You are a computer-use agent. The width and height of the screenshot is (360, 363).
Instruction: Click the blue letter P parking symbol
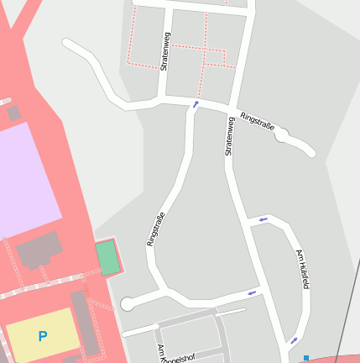pos(42,336)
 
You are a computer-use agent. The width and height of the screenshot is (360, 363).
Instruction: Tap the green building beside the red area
pos(107,258)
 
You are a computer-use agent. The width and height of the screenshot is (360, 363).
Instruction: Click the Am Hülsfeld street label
pos(302,269)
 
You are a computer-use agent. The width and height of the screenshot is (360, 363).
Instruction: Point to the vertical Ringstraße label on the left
pos(156,229)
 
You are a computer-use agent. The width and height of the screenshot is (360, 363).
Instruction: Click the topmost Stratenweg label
pos(165,51)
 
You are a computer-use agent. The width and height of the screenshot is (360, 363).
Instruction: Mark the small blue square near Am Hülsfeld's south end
pos(306,358)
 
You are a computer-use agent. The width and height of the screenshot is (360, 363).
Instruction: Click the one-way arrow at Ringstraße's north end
pos(196,104)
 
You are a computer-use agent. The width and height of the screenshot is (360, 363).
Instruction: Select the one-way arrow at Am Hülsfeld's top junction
pos(263,219)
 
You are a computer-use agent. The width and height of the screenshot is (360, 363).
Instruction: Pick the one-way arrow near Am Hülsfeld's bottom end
pos(294,340)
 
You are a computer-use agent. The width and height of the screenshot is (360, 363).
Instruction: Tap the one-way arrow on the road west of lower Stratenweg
pos(251,292)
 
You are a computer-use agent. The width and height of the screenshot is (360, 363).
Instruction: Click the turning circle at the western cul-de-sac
pos(128,304)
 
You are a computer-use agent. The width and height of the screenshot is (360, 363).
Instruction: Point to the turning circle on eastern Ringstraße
pos(283,134)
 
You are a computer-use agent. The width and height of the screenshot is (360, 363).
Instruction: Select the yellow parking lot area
pos(42,334)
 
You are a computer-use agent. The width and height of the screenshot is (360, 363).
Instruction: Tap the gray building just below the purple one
pos(39,250)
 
